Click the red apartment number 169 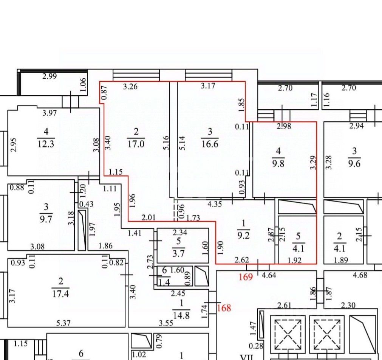[246, 277]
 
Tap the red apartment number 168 [224, 308]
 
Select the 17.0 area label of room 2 [136, 144]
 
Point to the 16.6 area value [210, 144]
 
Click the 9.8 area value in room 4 [278, 164]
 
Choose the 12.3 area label [46, 144]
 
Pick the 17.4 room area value [61, 293]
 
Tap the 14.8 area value [181, 315]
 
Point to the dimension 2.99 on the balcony [49, 76]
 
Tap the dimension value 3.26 [130, 87]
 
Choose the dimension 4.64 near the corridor [269, 275]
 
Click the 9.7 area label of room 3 [46, 219]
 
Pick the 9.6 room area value [354, 164]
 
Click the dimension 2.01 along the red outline [148, 217]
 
